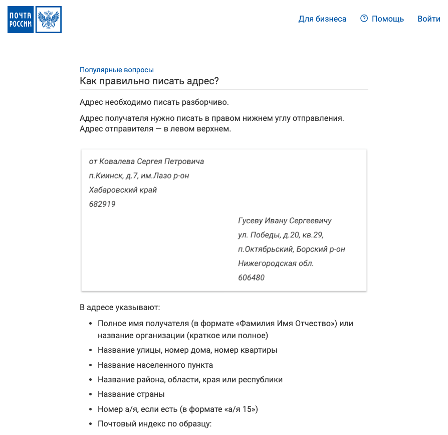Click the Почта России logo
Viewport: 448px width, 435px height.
point(34,20)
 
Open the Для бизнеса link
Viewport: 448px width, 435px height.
point(322,19)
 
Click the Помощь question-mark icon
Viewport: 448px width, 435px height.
point(364,19)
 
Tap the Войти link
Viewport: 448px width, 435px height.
point(428,19)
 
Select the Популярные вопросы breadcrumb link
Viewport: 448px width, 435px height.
point(117,70)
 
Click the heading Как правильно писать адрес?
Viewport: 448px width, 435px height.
point(149,81)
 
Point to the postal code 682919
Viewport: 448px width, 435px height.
point(102,204)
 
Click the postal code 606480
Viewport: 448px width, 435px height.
point(251,277)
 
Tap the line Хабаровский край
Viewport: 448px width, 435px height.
point(123,190)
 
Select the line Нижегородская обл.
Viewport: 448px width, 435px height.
point(276,263)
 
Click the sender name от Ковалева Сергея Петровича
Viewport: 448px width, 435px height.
point(146,162)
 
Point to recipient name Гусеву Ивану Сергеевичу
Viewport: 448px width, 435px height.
point(285,221)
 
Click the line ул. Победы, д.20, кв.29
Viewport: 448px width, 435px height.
point(284,235)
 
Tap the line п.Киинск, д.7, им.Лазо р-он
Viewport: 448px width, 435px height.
point(139,176)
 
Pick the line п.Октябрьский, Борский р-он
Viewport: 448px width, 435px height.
point(291,249)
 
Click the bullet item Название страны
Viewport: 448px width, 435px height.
point(131,394)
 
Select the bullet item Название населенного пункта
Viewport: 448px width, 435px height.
point(155,365)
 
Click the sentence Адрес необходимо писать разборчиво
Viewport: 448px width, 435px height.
point(154,102)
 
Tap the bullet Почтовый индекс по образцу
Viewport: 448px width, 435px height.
point(155,424)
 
